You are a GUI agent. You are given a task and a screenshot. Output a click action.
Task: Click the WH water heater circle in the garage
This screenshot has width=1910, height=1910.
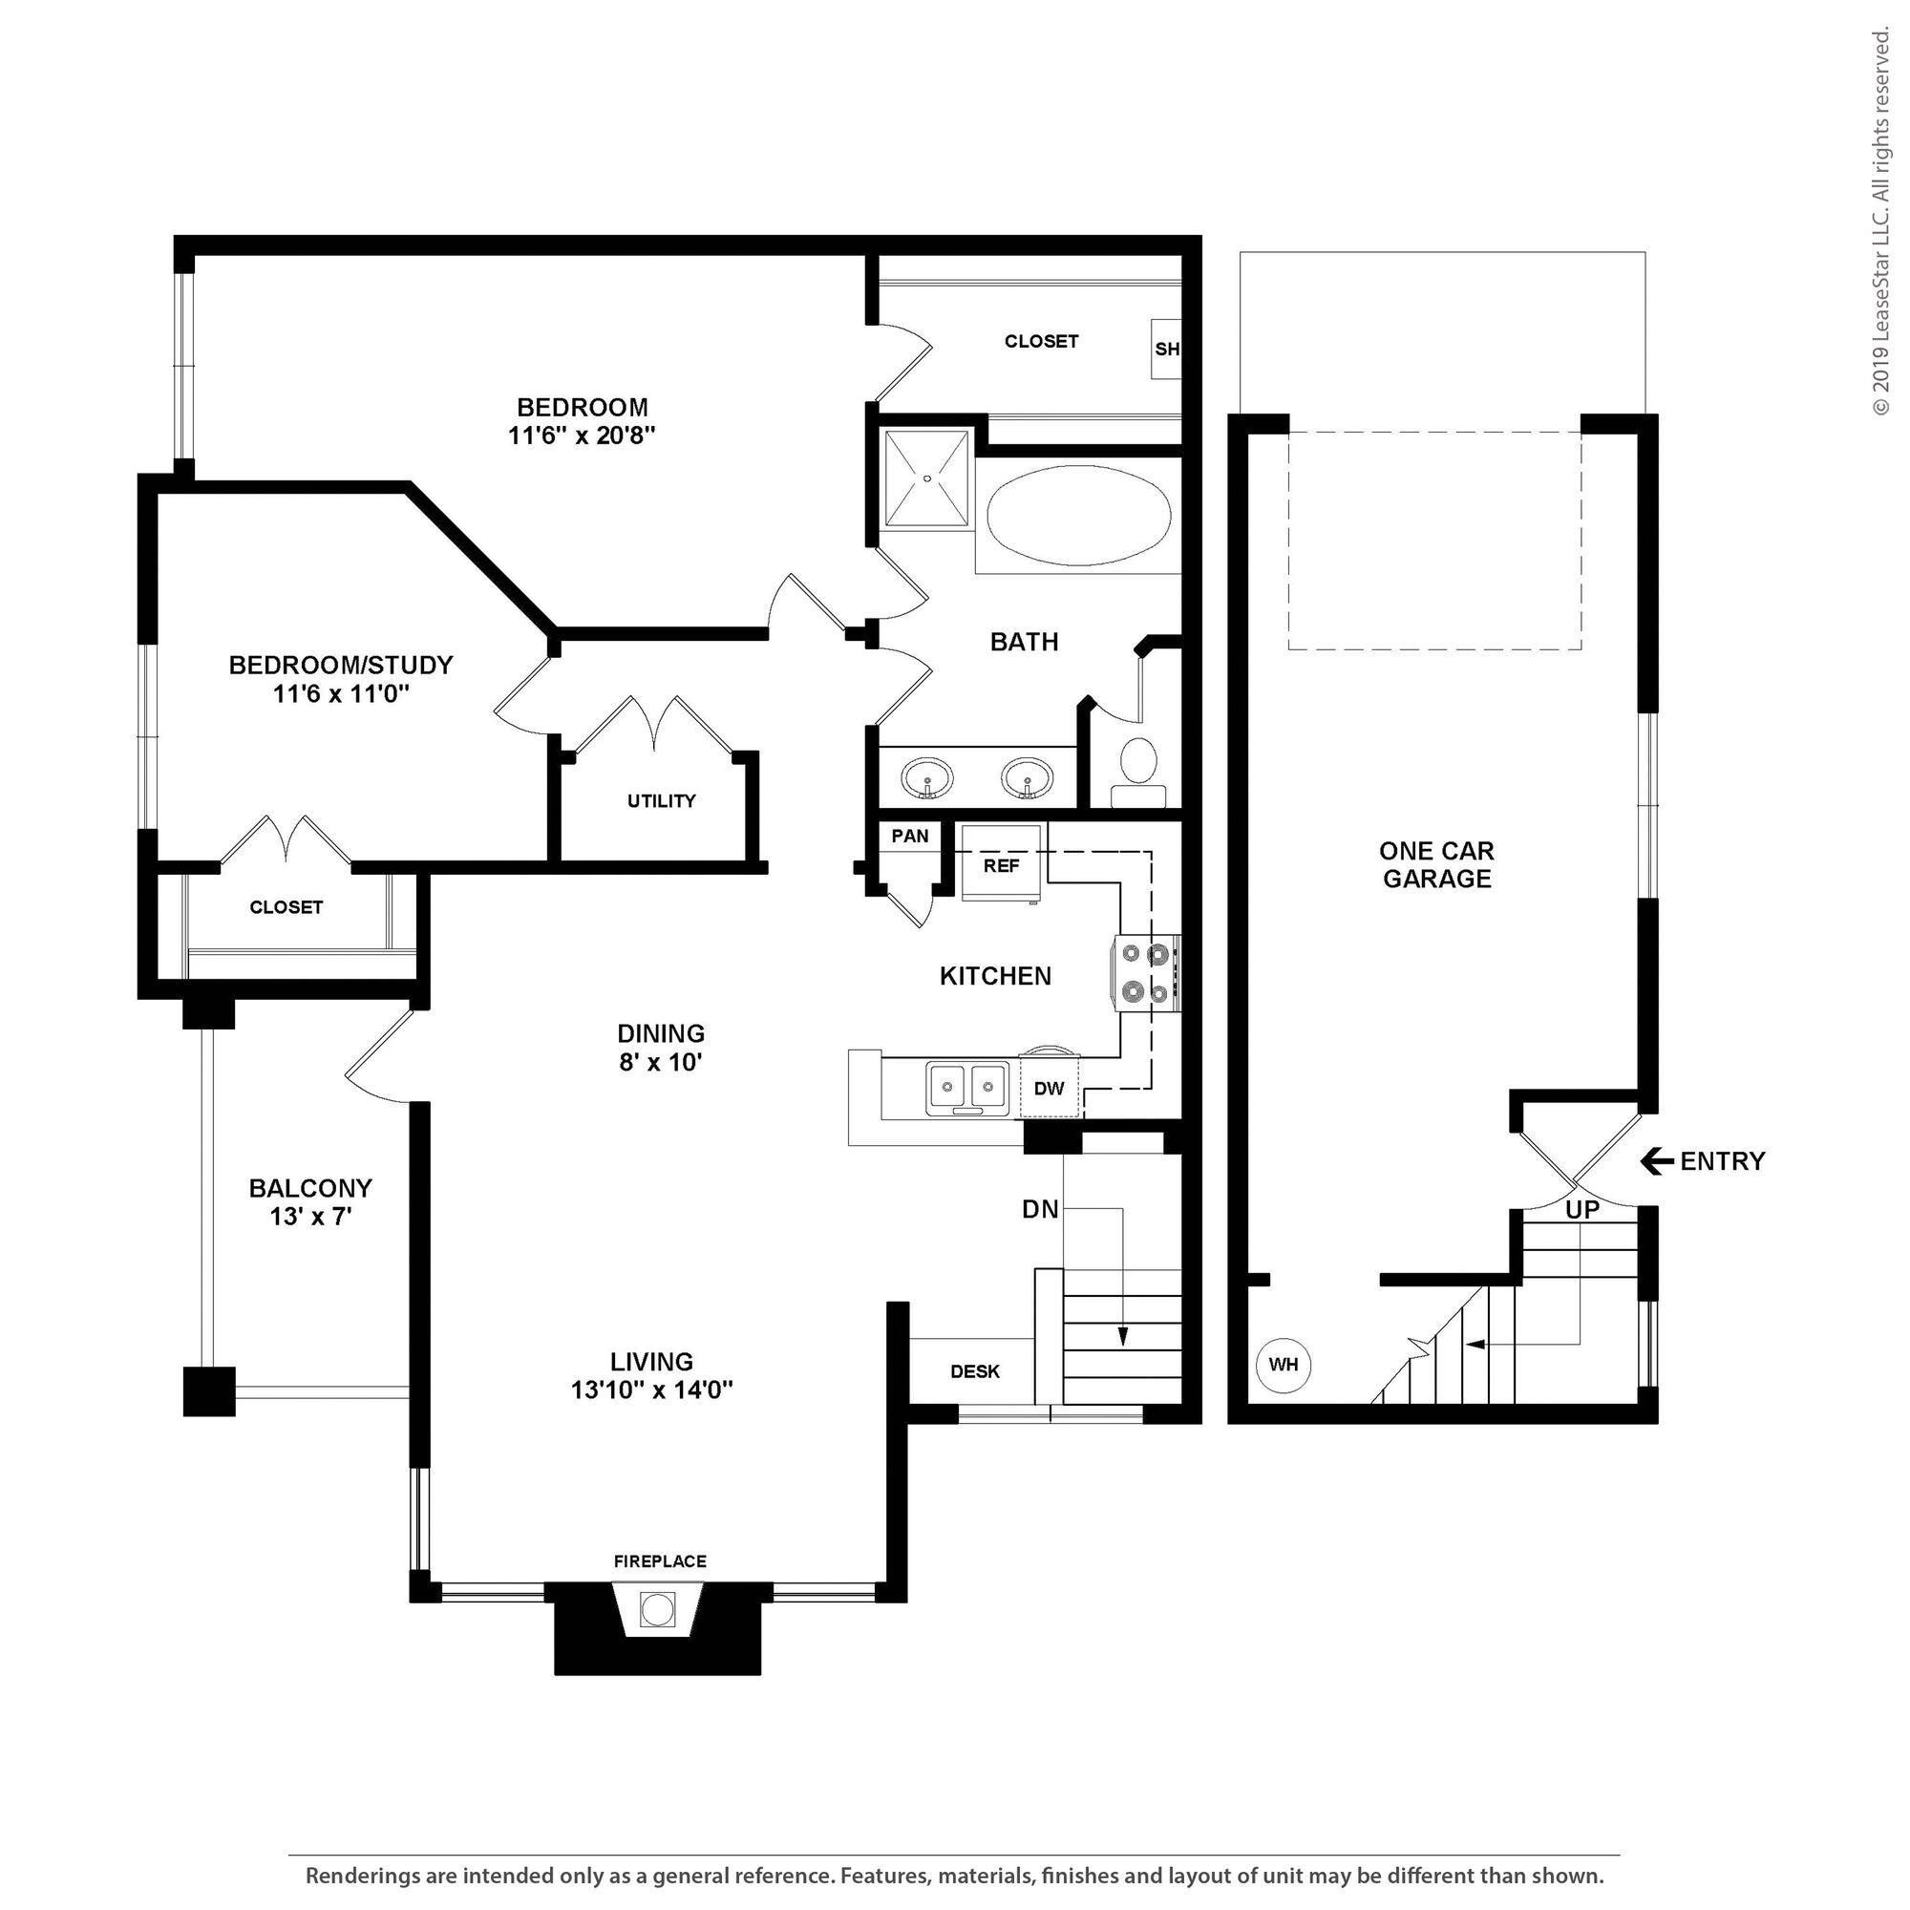pyautogui.click(x=1284, y=1366)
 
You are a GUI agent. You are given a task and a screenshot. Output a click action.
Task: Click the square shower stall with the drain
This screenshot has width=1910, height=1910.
pyautogui.click(x=926, y=478)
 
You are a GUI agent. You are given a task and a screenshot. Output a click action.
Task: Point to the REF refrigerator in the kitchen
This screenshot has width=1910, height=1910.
pyautogui.click(x=1002, y=863)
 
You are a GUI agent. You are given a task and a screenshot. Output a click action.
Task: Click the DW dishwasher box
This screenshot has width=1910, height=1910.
pyautogui.click(x=1049, y=1088)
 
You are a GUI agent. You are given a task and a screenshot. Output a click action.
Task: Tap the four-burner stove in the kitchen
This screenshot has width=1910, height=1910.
pyautogui.click(x=1147, y=973)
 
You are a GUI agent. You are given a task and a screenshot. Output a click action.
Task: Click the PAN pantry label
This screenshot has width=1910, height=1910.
pyautogui.click(x=909, y=837)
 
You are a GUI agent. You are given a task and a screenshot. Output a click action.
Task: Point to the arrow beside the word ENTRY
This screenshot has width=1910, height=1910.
pyautogui.click(x=1657, y=1160)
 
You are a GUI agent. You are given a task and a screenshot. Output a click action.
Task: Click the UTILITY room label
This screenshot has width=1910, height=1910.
pyautogui.click(x=662, y=801)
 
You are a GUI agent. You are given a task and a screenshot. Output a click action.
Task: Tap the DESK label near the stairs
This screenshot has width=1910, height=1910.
pyautogui.click(x=975, y=1371)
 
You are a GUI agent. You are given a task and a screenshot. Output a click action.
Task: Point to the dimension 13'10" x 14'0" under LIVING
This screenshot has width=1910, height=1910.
pyautogui.click(x=651, y=1390)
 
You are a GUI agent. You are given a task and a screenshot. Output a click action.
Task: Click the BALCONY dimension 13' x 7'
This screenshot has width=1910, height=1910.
pyautogui.click(x=310, y=1216)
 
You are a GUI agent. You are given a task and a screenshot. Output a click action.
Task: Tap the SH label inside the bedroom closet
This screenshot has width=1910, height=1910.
pyautogui.click(x=1167, y=349)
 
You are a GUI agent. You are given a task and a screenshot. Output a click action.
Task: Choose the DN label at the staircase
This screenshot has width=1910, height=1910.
pyautogui.click(x=1040, y=1208)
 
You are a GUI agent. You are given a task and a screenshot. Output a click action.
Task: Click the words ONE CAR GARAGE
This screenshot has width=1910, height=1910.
pyautogui.click(x=1436, y=864)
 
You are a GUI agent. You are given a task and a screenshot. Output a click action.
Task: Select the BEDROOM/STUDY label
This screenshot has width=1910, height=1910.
pyautogui.click(x=341, y=665)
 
